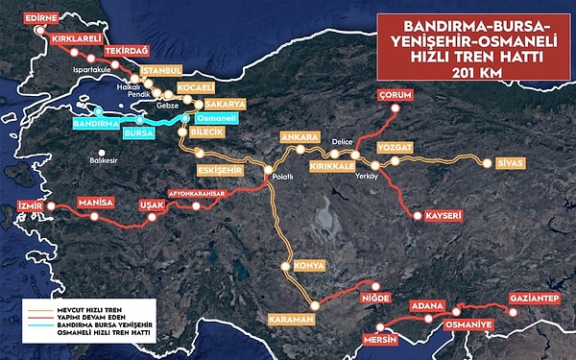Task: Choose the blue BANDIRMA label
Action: pos(96,124)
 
